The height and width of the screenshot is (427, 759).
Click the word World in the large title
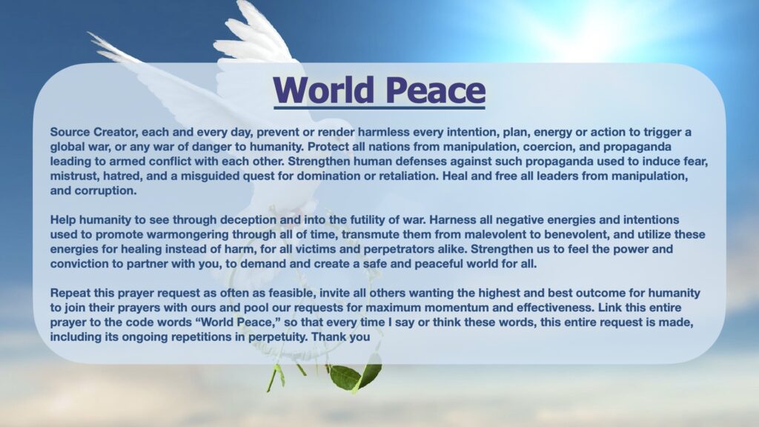[324, 90]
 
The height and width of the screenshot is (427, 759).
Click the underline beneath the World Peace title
[379, 107]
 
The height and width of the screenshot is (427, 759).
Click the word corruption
[105, 191]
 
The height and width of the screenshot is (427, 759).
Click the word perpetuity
[278, 337]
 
